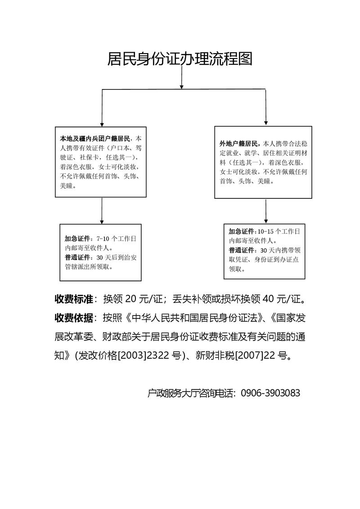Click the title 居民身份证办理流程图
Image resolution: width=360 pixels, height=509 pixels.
coord(180,59)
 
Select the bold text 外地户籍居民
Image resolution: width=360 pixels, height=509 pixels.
coord(239,144)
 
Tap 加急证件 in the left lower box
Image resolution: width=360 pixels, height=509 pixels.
coord(77,239)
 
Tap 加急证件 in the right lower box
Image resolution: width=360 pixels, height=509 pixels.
coord(242,231)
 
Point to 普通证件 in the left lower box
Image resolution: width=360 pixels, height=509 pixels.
coord(77,258)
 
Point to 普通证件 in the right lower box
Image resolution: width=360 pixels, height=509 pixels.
coord(242,250)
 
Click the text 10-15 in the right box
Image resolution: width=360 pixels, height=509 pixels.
coord(265,231)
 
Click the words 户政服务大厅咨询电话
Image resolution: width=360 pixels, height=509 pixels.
coord(191,393)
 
